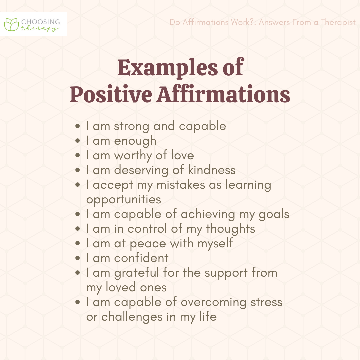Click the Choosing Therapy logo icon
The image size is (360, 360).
(12, 24)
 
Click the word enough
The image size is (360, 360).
(135, 141)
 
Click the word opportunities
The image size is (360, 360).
(124, 199)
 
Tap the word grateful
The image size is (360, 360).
(137, 273)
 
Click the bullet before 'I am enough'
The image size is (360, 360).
(78, 141)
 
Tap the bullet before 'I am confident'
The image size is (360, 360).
(78, 258)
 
